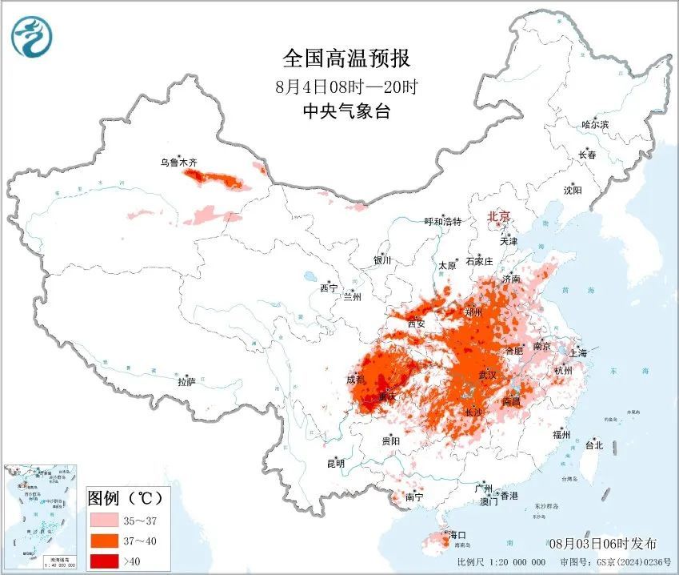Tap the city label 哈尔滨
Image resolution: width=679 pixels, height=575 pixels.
click(x=595, y=125)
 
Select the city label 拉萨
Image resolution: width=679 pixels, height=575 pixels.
click(x=186, y=383)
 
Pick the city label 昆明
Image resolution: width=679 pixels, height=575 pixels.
click(x=335, y=463)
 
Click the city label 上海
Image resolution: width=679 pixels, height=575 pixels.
click(x=577, y=353)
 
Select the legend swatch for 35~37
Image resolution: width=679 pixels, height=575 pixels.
click(x=103, y=520)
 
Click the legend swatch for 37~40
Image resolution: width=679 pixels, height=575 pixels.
click(x=103, y=541)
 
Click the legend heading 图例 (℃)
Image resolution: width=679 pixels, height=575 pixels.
click(x=126, y=498)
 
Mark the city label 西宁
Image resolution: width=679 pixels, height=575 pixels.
click(x=329, y=288)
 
